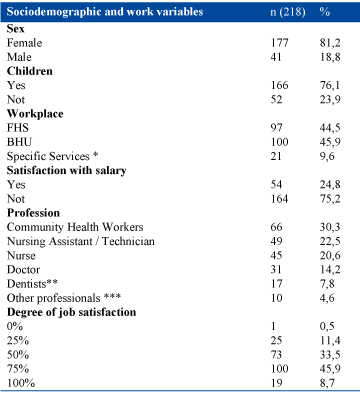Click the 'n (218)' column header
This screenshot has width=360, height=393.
pyautogui.click(x=288, y=12)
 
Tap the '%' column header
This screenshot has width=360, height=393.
pyautogui.click(x=325, y=12)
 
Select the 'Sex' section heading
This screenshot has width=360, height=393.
pyautogui.click(x=15, y=29)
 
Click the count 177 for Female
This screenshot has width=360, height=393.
pyautogui.click(x=279, y=43)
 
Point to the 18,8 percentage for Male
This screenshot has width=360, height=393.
pyautogui.click(x=330, y=57)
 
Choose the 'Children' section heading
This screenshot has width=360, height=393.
pyautogui.click(x=30, y=71)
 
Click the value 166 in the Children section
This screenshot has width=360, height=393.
pyautogui.click(x=279, y=85)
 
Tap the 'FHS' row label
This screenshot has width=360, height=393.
pyautogui.click(x=18, y=128)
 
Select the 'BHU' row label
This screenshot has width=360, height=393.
pyautogui.click(x=19, y=142)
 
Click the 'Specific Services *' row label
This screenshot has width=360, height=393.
pyautogui.click(x=52, y=156)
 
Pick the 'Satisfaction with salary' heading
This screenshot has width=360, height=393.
pyautogui.click(x=67, y=170)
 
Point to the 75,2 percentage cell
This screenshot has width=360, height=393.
pyautogui.click(x=330, y=199)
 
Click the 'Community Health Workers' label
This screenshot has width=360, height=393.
pyautogui.click(x=75, y=227)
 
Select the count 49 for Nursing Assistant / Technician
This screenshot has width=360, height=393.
pyautogui.click(x=276, y=241)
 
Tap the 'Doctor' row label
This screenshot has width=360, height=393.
pyautogui.click(x=23, y=270)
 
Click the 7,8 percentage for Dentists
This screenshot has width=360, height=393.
pyautogui.click(x=327, y=284)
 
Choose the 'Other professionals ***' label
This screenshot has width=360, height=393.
pyautogui.click(x=64, y=298)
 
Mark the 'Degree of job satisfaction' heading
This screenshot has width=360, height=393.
pyautogui.click(x=71, y=312)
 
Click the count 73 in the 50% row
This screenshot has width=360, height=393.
pyautogui.click(x=276, y=355)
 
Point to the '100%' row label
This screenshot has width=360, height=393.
pyautogui.click(x=21, y=383)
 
